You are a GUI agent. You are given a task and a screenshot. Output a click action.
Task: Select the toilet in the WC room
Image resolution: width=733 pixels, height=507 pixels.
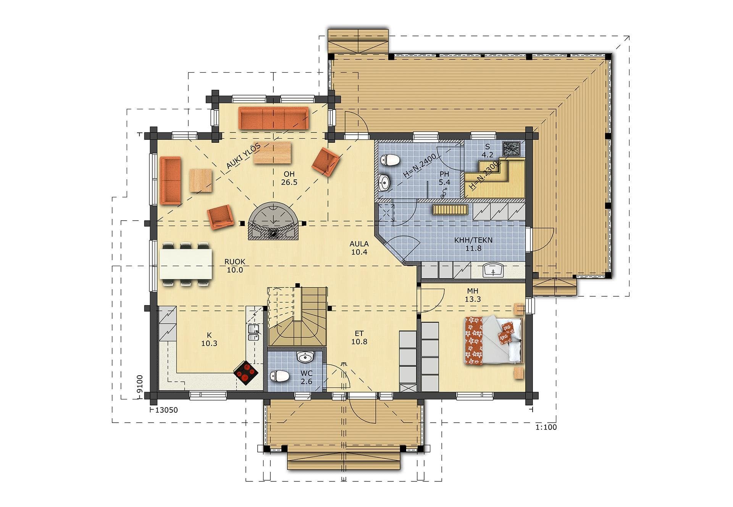point(279,376)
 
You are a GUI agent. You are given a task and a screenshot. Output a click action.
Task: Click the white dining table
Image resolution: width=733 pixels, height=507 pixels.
point(186,264)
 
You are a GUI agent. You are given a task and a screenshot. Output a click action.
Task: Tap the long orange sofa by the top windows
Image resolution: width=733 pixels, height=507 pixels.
point(273,118)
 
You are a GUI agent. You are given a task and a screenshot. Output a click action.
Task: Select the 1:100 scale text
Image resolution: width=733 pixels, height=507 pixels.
point(546,427)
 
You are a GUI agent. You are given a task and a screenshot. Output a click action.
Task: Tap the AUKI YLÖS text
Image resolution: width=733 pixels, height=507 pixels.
point(244,156)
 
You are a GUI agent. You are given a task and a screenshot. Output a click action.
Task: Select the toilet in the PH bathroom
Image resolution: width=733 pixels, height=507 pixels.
point(390,160)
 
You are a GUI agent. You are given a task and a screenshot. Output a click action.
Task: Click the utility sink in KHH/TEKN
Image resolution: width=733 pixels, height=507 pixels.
point(493,270)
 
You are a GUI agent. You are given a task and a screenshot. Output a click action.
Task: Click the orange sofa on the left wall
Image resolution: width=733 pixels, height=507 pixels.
point(170,180)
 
